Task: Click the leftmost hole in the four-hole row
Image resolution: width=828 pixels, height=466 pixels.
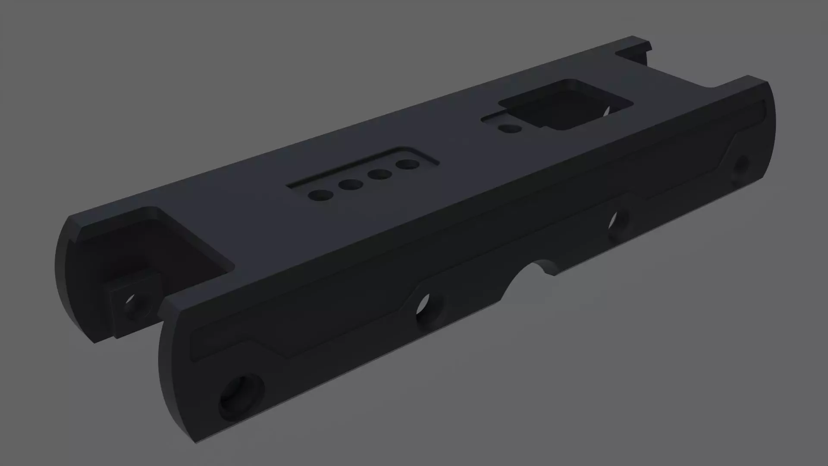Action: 320,195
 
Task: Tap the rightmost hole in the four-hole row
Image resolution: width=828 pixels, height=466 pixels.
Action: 408,164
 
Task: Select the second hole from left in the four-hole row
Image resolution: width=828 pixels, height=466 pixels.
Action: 350,185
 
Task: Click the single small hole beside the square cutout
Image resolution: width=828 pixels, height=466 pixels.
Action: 510,128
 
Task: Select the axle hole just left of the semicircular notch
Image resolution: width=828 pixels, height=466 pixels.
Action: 427,308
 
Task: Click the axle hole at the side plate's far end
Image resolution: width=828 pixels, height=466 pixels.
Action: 741,166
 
